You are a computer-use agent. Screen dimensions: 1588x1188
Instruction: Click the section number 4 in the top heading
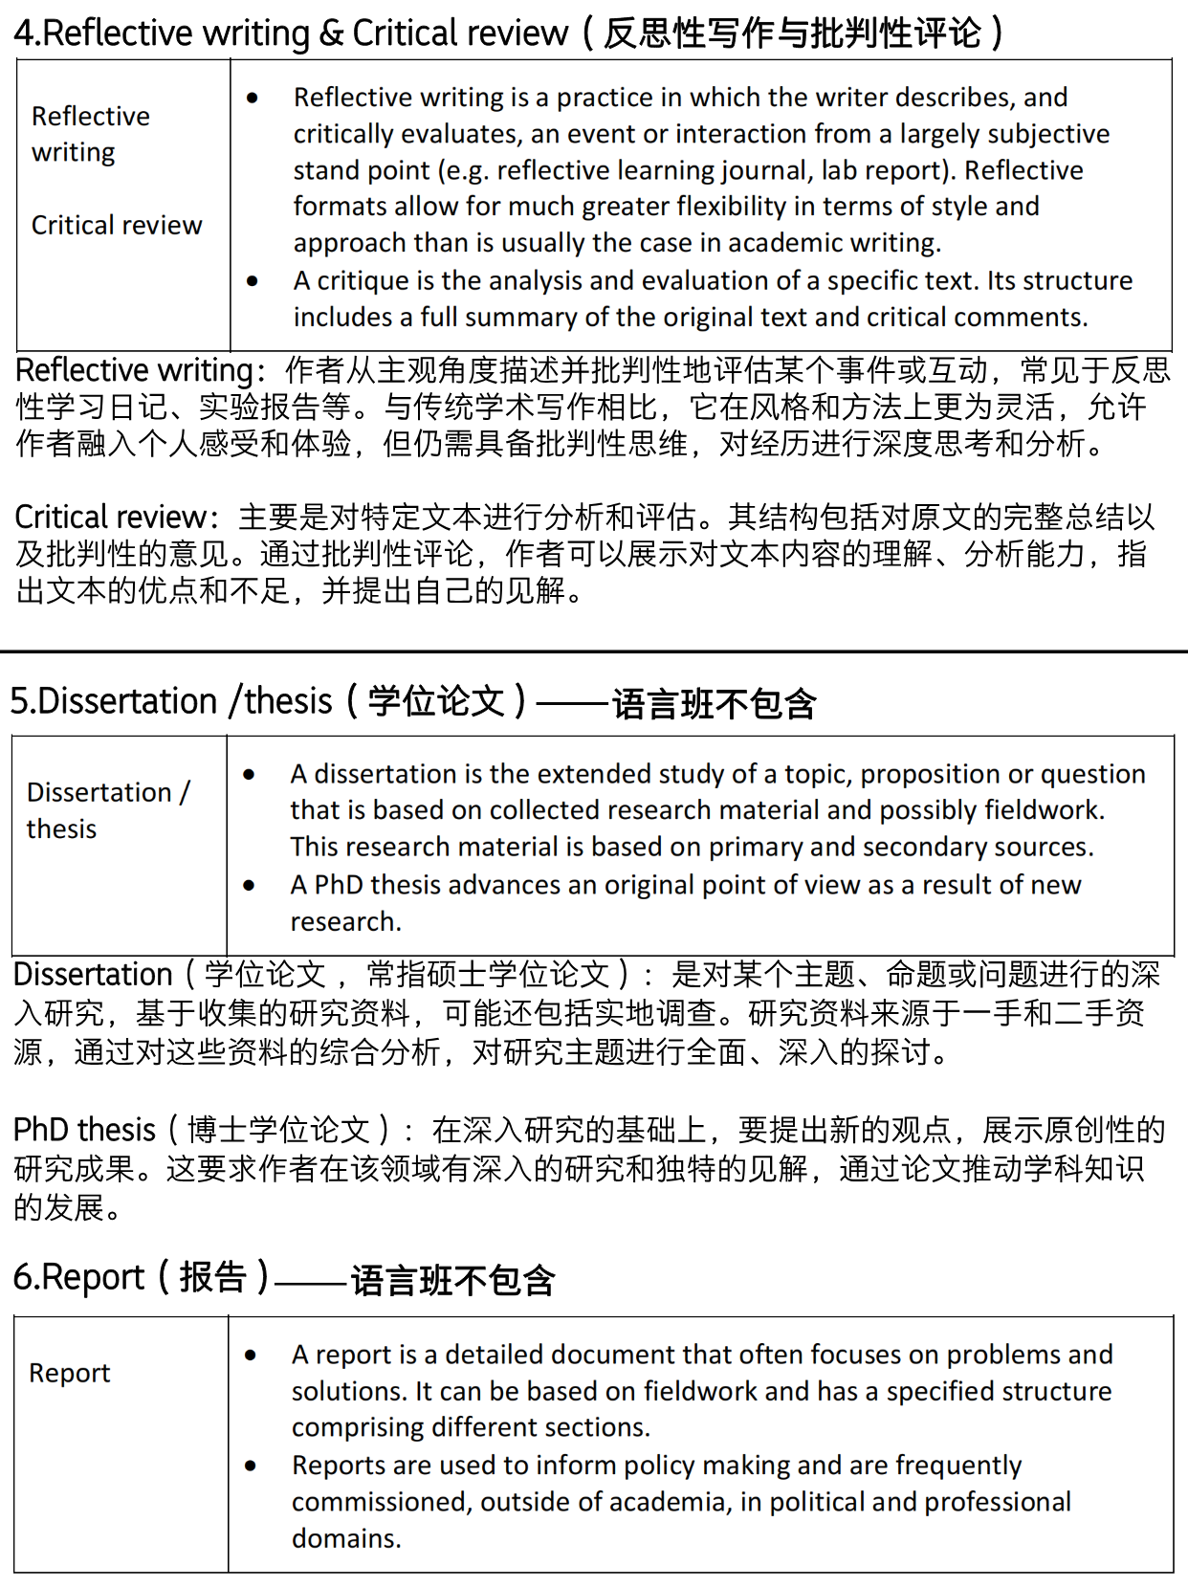pos(25,33)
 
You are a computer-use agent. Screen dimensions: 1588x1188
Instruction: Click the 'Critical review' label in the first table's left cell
pos(117,226)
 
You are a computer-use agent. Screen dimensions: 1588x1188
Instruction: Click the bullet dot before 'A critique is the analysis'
pos(253,281)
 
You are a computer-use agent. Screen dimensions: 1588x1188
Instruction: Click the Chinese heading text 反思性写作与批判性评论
pos(793,33)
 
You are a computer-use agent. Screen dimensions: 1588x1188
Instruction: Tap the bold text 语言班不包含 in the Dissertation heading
pos(714,704)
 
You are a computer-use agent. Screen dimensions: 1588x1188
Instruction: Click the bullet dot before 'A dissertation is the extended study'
pos(250,775)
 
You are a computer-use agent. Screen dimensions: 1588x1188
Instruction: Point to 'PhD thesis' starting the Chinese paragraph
pos(84,1131)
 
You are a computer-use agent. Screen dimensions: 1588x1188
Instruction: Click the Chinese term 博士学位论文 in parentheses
pos(278,1131)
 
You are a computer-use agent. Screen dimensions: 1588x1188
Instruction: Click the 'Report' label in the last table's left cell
pos(70,1374)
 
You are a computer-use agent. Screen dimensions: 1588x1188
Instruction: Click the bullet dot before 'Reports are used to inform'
pos(251,1467)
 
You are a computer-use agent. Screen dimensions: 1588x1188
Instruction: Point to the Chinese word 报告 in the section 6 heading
pos(213,1278)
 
